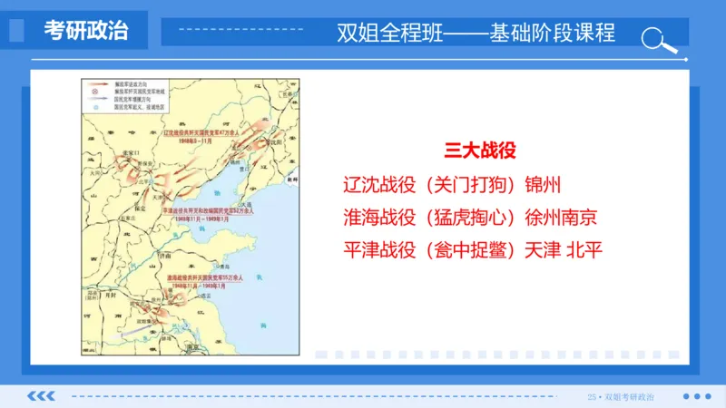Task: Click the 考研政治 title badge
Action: pos(86,32)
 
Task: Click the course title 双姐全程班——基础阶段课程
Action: pos(476,33)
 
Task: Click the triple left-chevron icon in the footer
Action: pos(42,396)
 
